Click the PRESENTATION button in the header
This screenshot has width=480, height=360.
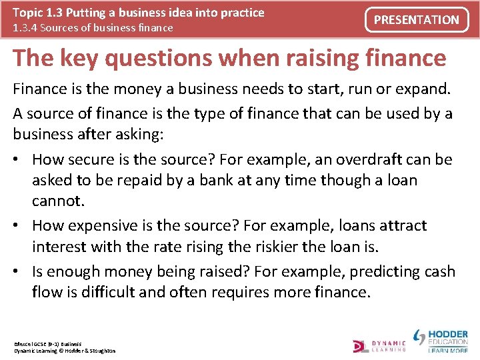coord(417,20)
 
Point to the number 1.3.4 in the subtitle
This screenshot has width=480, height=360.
coord(26,28)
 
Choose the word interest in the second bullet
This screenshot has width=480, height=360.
coord(59,247)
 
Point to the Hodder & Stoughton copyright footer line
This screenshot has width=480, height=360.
coord(65,351)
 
